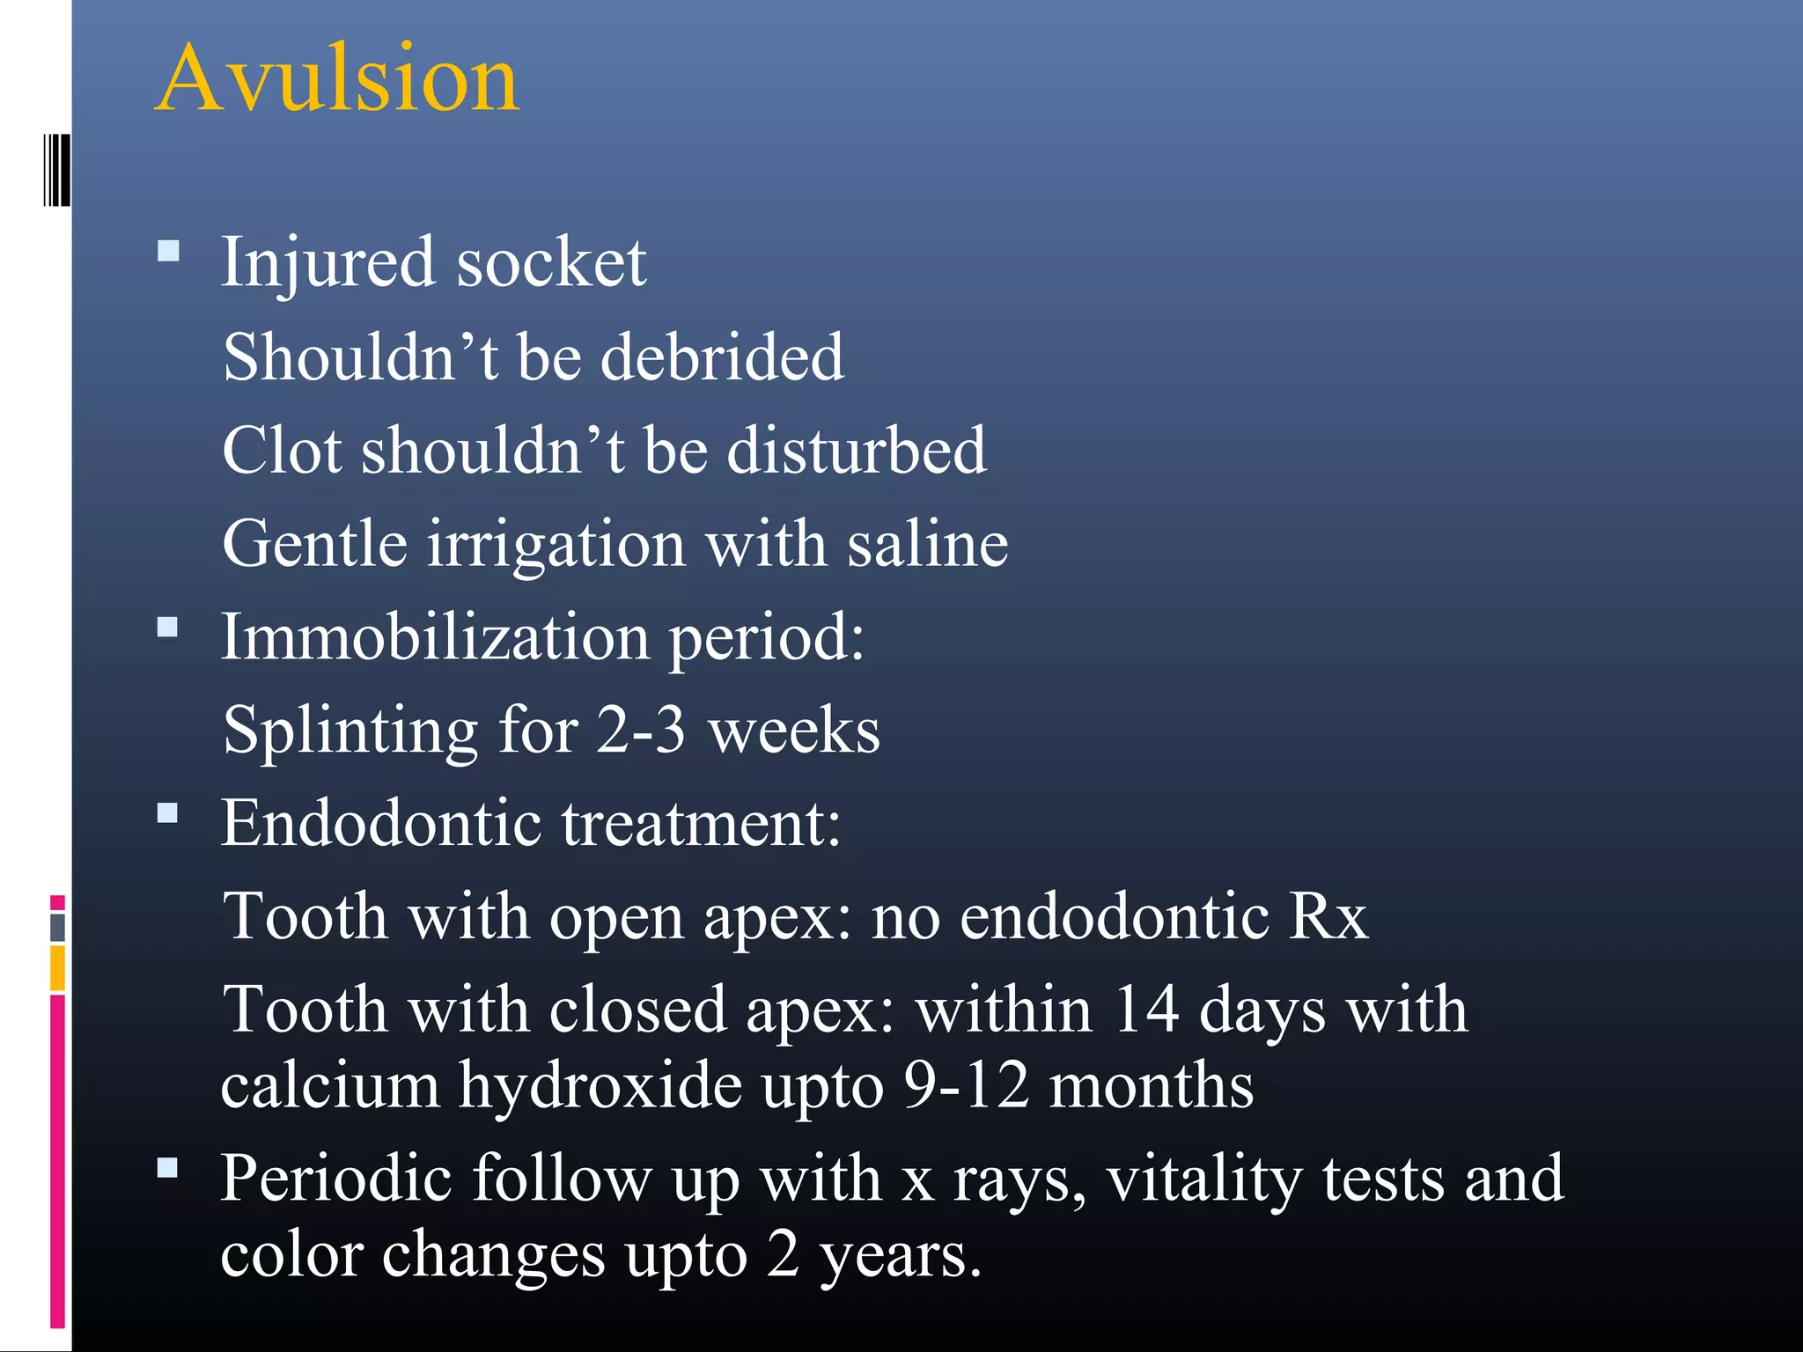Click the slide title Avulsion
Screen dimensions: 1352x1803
click(338, 79)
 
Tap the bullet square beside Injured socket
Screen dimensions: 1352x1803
click(168, 253)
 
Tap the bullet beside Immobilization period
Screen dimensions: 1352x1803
click(168, 628)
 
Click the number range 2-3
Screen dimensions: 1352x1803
click(640, 730)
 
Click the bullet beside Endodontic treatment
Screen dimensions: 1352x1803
click(168, 812)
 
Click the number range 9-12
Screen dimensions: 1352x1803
click(966, 1085)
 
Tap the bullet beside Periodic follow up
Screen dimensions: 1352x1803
click(168, 1168)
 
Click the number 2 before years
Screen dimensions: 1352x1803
click(783, 1253)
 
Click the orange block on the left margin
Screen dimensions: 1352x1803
click(57, 968)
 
